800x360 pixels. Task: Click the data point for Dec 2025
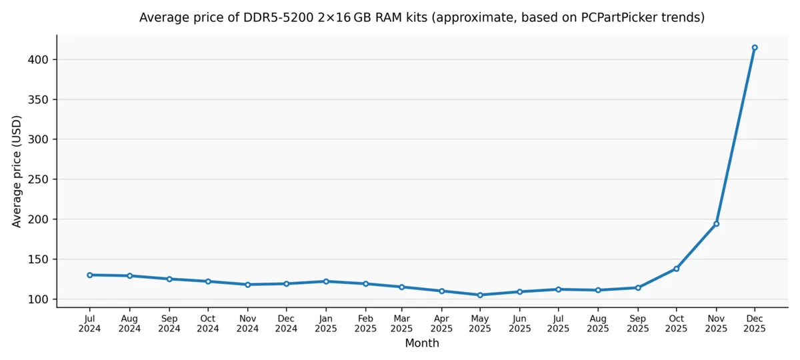[755, 47]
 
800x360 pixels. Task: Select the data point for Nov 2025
[716, 223]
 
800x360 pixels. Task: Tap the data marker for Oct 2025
[676, 269]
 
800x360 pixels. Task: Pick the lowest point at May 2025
[480, 295]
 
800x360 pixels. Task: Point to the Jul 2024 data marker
[89, 275]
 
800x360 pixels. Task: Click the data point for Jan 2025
[325, 281]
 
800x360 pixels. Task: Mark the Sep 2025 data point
[638, 287]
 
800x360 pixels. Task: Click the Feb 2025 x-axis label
[365, 323]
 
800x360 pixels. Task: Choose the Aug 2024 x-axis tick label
[129, 323]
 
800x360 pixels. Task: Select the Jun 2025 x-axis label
[519, 323]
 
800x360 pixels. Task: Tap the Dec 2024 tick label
[286, 323]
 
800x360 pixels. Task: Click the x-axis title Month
[422, 343]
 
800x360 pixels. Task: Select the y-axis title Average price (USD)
[17, 171]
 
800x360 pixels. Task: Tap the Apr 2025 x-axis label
[441, 323]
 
